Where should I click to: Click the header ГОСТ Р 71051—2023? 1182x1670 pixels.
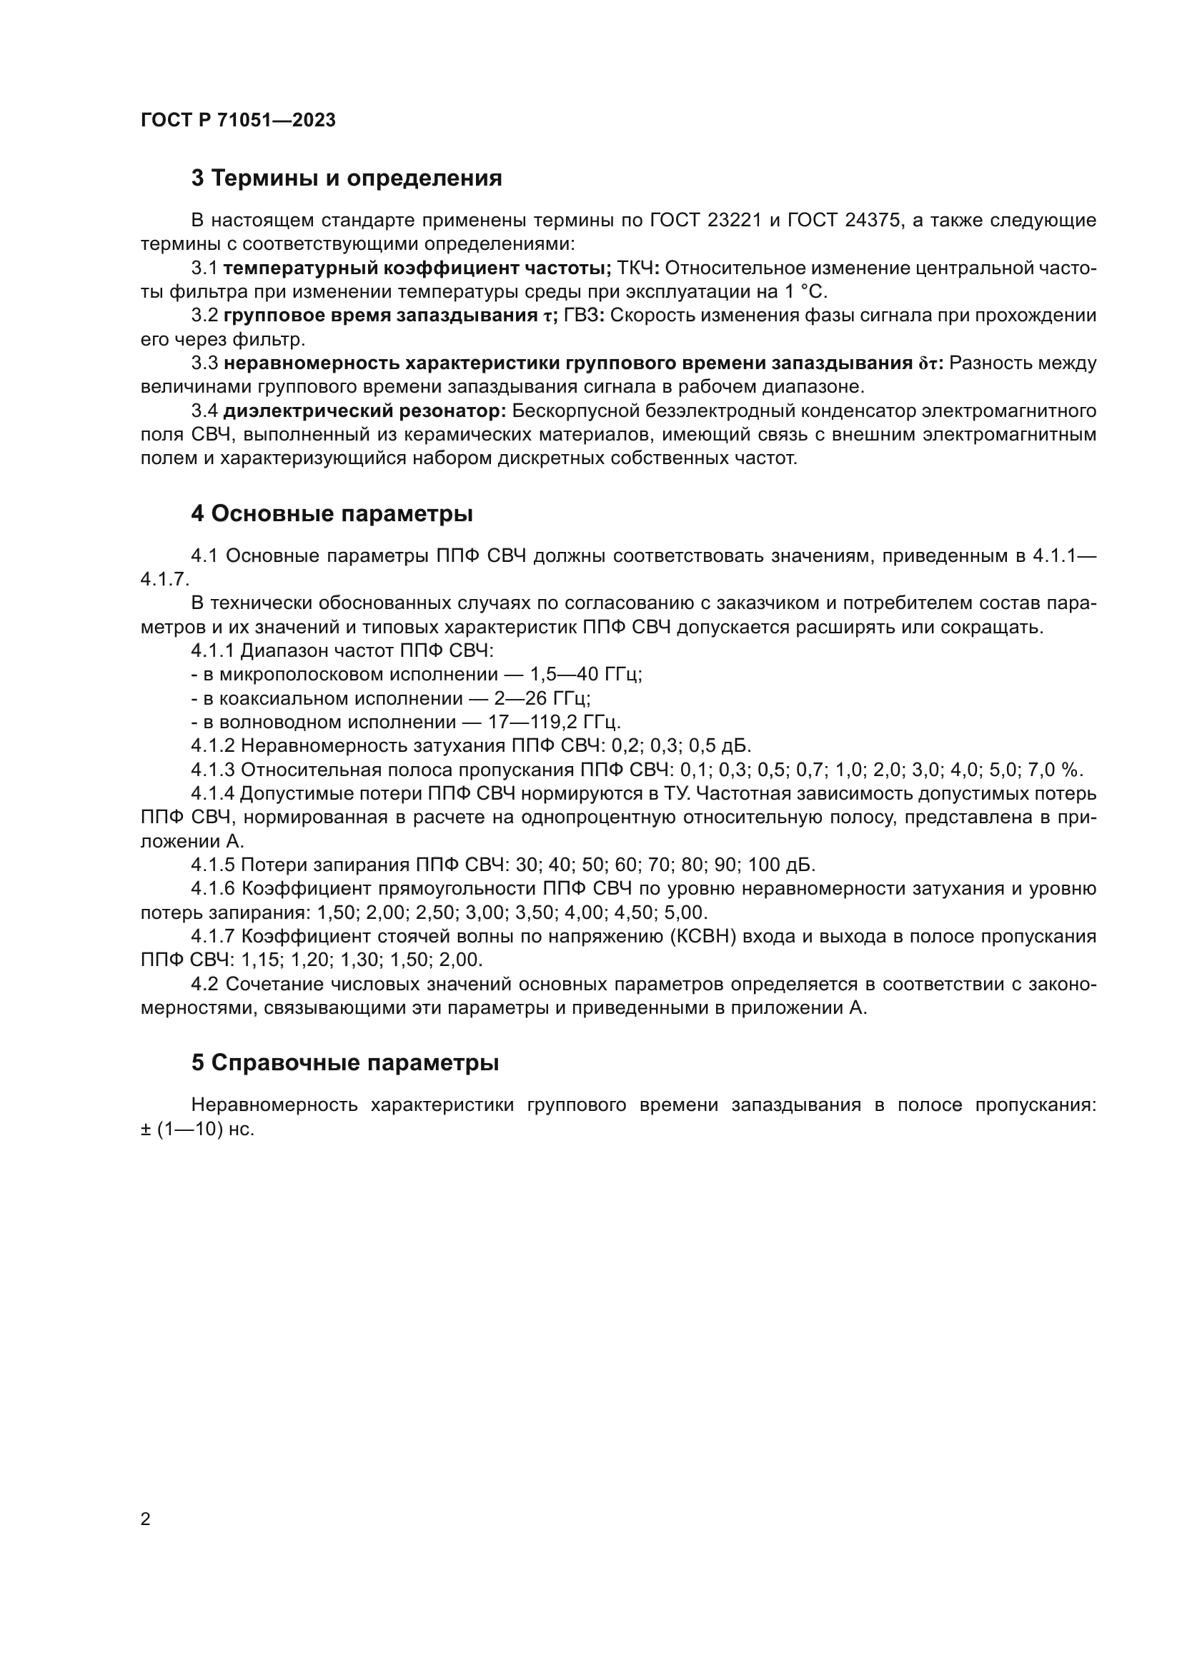(x=238, y=120)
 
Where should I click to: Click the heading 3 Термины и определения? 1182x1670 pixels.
(x=347, y=178)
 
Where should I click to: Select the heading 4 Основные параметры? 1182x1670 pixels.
(x=332, y=513)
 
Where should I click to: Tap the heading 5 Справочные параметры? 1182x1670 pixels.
(x=345, y=1062)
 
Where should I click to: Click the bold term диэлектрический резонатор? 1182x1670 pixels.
(x=364, y=411)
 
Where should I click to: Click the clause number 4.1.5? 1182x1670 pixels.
(x=213, y=865)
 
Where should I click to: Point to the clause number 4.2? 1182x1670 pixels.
(x=205, y=984)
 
